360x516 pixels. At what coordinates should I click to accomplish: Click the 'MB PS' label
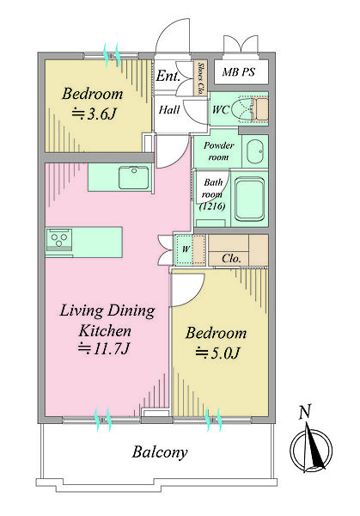pyautogui.click(x=238, y=71)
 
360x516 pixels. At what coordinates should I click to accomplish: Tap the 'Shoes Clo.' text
pyautogui.click(x=200, y=78)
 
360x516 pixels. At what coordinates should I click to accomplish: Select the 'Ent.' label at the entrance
pyautogui.click(x=168, y=77)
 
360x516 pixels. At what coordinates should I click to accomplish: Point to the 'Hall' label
pyautogui.click(x=169, y=109)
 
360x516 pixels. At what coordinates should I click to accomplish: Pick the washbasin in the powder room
pyautogui.click(x=255, y=151)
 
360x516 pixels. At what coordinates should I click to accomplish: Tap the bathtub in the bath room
pyautogui.click(x=250, y=200)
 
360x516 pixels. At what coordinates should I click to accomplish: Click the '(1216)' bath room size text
pyautogui.click(x=213, y=206)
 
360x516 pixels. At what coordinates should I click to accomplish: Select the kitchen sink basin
pyautogui.click(x=133, y=177)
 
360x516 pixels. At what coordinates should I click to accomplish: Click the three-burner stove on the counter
pyautogui.click(x=59, y=238)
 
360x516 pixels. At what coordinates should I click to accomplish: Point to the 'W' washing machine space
pyautogui.click(x=186, y=249)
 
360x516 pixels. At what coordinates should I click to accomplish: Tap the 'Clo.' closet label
pyautogui.click(x=231, y=258)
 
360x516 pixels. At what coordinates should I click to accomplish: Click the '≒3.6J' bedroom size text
pyautogui.click(x=95, y=114)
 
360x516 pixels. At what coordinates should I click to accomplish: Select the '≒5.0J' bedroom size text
pyautogui.click(x=217, y=353)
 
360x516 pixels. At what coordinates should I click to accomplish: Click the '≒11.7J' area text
pyautogui.click(x=105, y=348)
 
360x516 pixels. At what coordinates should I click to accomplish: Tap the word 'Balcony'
pyautogui.click(x=160, y=452)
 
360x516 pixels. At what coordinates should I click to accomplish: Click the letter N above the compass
pyautogui.click(x=305, y=412)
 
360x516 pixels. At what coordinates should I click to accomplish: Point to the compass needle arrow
pyautogui.click(x=313, y=447)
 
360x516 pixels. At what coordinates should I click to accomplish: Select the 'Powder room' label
pyautogui.click(x=218, y=151)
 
